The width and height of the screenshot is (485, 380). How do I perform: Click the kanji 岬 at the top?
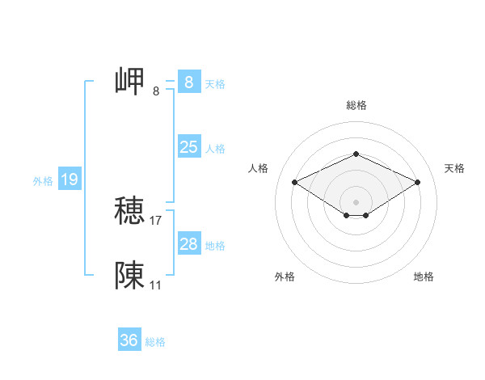pyautogui.click(x=129, y=82)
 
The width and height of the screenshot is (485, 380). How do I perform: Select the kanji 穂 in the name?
pyautogui.click(x=129, y=212)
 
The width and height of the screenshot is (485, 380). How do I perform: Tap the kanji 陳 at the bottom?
pyautogui.click(x=129, y=276)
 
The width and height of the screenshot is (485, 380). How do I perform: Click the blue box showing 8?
pyautogui.click(x=188, y=82)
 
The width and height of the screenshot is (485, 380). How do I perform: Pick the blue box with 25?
pyautogui.click(x=188, y=147)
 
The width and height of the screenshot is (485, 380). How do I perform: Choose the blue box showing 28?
pyautogui.click(x=188, y=244)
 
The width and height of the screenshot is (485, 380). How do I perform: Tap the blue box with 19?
pyautogui.click(x=70, y=179)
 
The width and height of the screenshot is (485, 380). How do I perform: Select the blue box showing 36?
pyautogui.click(x=129, y=340)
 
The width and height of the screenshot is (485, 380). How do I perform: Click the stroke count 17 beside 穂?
pyautogui.click(x=156, y=220)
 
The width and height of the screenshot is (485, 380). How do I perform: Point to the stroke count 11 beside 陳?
pyautogui.click(x=156, y=285)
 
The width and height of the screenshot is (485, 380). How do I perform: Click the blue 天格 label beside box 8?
pyautogui.click(x=215, y=84)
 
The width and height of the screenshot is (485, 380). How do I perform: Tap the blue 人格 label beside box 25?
pyautogui.click(x=215, y=149)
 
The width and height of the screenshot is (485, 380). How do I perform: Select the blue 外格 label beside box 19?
pyautogui.click(x=43, y=181)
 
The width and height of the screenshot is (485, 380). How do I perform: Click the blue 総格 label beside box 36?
pyautogui.click(x=155, y=342)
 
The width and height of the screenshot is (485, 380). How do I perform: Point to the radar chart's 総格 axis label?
pyautogui.click(x=356, y=105)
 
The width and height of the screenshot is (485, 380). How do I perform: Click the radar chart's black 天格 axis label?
pyautogui.click(x=454, y=168)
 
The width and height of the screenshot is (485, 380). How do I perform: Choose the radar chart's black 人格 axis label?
pyautogui.click(x=259, y=168)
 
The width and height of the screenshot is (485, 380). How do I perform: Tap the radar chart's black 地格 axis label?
pyautogui.click(x=424, y=277)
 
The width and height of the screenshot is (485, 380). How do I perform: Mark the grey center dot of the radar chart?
pyautogui.click(x=356, y=201)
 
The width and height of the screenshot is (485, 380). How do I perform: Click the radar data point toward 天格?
pyautogui.click(x=418, y=182)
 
